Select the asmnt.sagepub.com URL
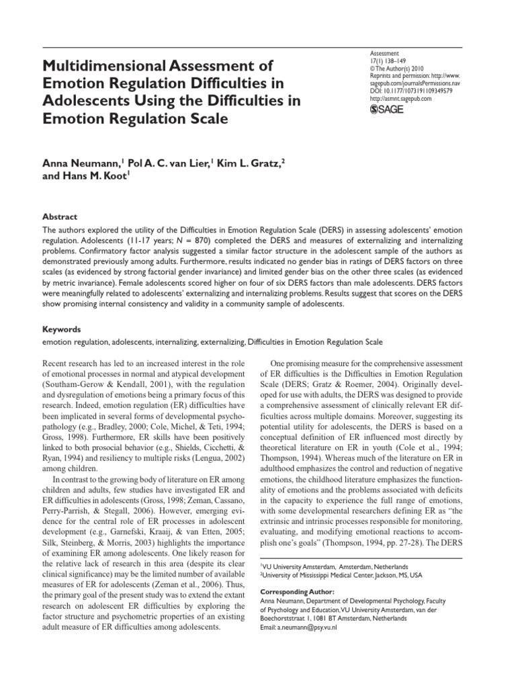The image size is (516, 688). pos(401,98)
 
